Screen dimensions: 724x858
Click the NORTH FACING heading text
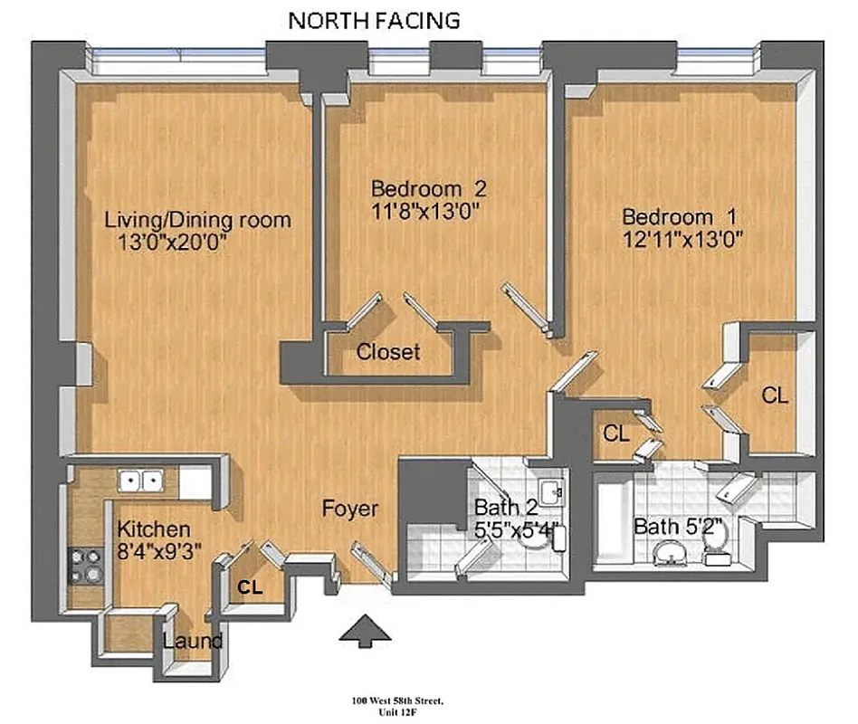(x=374, y=20)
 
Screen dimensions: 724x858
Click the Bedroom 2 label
(x=429, y=189)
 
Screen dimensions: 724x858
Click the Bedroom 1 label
(x=679, y=217)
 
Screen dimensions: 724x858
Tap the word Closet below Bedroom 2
(x=388, y=352)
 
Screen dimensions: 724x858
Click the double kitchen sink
(x=140, y=481)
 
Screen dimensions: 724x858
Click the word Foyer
(x=350, y=510)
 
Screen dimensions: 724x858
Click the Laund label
(x=193, y=642)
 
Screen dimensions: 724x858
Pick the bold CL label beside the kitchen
(x=250, y=587)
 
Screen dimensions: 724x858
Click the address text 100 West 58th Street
(x=397, y=700)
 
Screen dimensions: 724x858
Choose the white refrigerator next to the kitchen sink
(x=195, y=481)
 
